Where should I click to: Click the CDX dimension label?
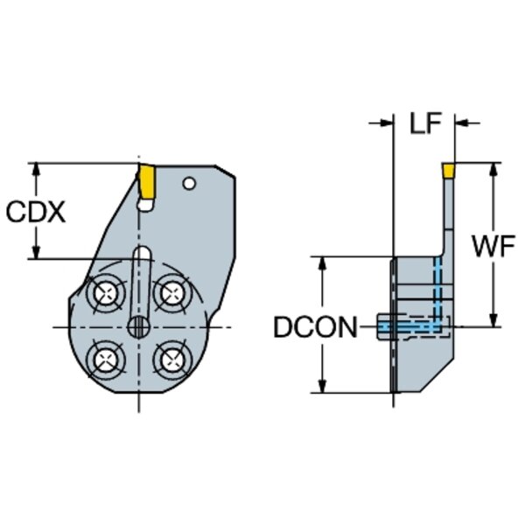point(36,213)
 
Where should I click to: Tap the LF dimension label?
point(426,122)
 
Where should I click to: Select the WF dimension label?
point(493,246)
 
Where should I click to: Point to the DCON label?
point(315,327)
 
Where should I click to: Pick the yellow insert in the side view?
point(448,170)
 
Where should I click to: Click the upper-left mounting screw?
point(106,294)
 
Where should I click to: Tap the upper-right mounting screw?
point(172,293)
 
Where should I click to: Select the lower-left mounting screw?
point(106,360)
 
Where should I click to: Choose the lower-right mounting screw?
point(172,360)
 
